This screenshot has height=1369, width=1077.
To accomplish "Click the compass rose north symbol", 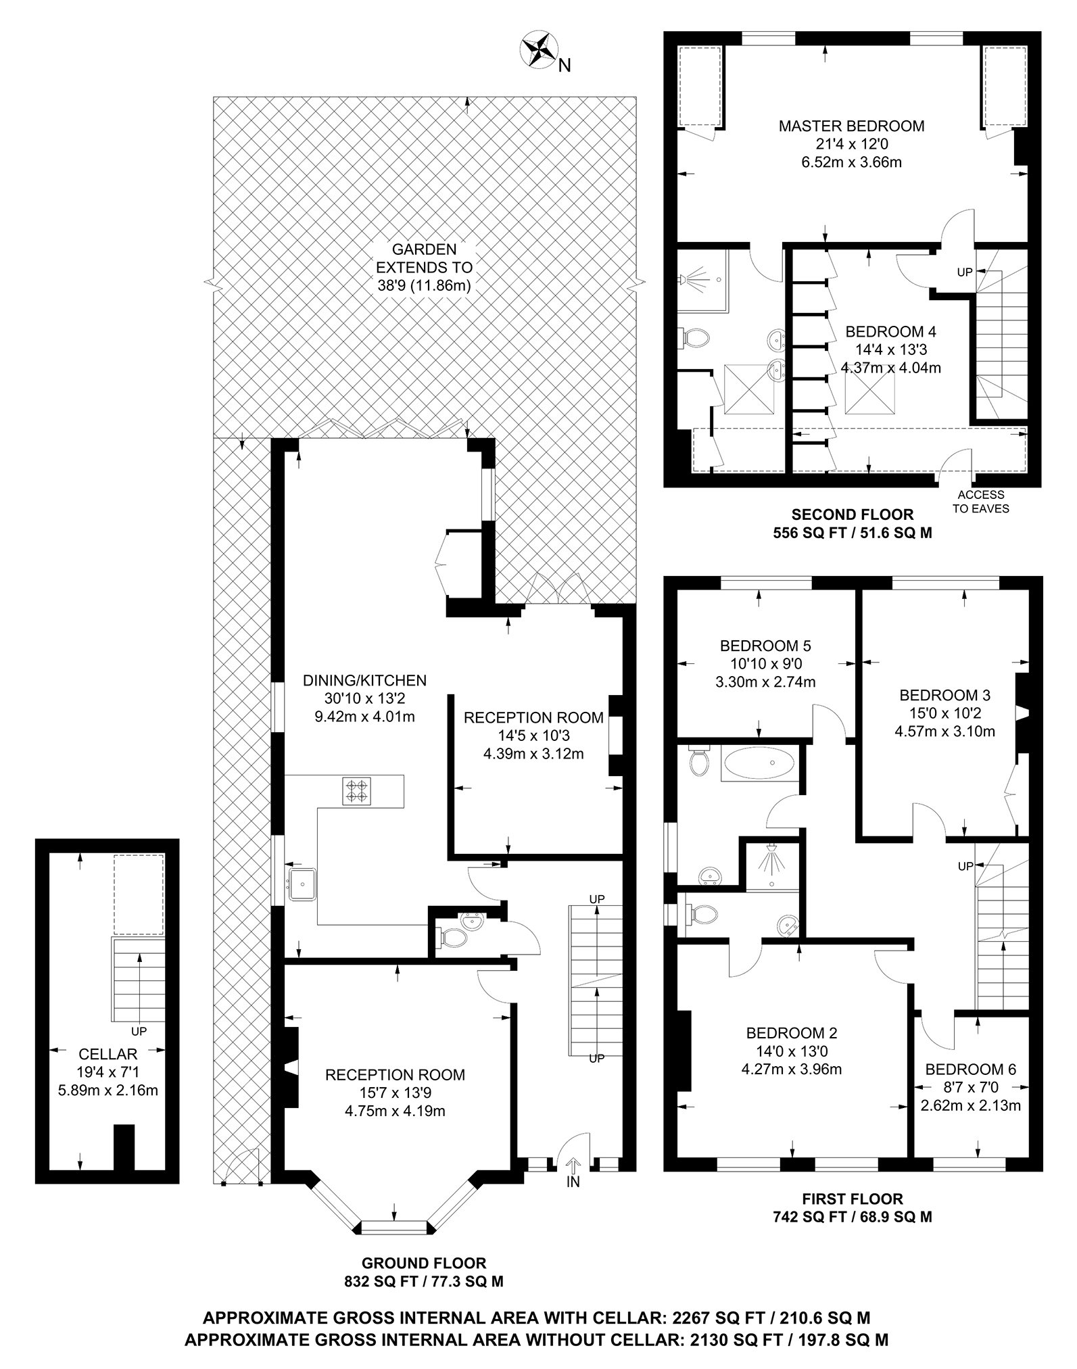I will pyautogui.click(x=538, y=49).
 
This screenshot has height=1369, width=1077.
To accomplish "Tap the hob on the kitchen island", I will pyautogui.click(x=357, y=791).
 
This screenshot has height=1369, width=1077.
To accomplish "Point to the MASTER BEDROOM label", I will pyautogui.click(x=851, y=126).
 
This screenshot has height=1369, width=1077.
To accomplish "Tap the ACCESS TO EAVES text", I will pyautogui.click(x=980, y=502).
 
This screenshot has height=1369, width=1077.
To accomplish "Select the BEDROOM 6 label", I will pyautogui.click(x=970, y=1069).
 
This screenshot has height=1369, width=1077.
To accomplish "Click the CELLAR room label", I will pyautogui.click(x=108, y=1053).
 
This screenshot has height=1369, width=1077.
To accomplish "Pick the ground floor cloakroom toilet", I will pyautogui.click(x=453, y=938).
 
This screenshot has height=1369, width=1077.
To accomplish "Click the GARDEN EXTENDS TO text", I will pyautogui.click(x=424, y=267).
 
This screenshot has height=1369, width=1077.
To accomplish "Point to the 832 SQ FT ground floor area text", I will pyautogui.click(x=423, y=1280).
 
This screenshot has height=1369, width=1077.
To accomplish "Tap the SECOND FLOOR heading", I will pyautogui.click(x=852, y=514).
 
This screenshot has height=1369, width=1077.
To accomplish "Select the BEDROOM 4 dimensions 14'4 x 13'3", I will pyautogui.click(x=890, y=350).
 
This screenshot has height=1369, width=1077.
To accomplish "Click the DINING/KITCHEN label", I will pyautogui.click(x=364, y=680).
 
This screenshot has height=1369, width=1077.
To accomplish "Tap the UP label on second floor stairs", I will pyautogui.click(x=964, y=272).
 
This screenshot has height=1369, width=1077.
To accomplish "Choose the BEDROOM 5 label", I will pyautogui.click(x=765, y=646).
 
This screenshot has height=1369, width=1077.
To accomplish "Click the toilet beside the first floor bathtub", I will pyautogui.click(x=698, y=762).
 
